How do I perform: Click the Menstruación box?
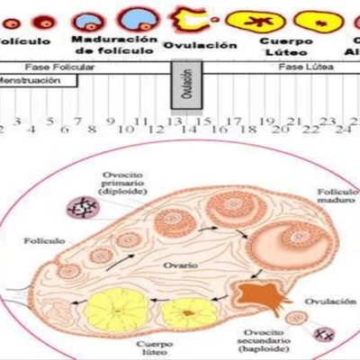[36, 80]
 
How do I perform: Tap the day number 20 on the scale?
[280, 130]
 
